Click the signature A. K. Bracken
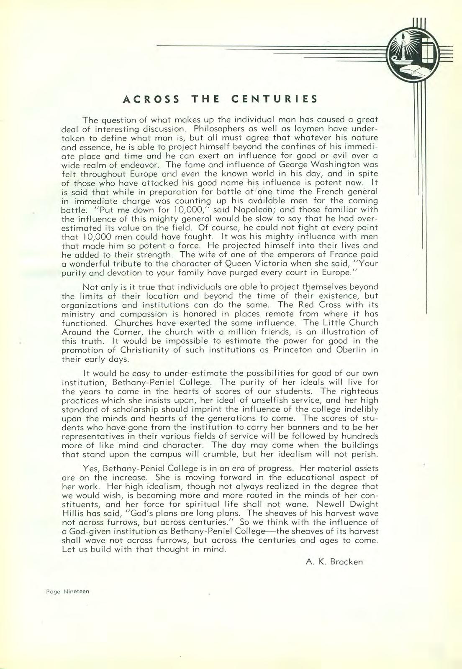334,562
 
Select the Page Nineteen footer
68,592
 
